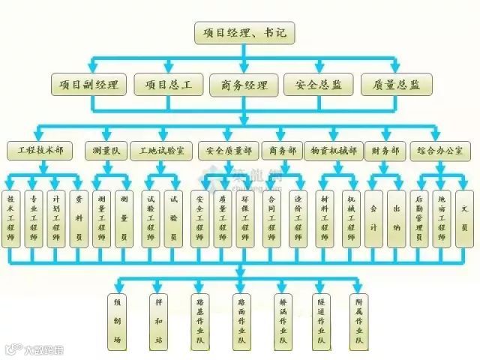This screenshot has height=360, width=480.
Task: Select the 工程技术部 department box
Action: click(40, 151)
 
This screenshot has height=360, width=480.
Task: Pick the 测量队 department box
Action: click(103, 151)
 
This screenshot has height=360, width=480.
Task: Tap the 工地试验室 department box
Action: click(160, 151)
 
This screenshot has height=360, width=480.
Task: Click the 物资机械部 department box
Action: click(334, 151)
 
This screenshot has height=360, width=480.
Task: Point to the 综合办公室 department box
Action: click(439, 151)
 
